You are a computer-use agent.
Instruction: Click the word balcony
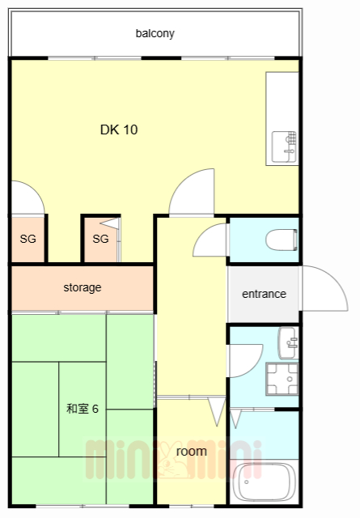155,34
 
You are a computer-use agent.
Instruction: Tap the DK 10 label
118,129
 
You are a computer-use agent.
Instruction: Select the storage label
83,287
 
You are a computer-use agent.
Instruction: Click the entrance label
264,294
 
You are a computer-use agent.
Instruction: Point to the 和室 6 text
82,408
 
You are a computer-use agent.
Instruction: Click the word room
191,451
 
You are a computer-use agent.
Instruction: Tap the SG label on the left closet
28,239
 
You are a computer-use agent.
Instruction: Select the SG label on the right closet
100,239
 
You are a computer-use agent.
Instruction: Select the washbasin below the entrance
287,344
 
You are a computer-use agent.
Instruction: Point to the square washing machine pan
282,379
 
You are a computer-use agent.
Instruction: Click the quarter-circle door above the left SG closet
27,199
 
